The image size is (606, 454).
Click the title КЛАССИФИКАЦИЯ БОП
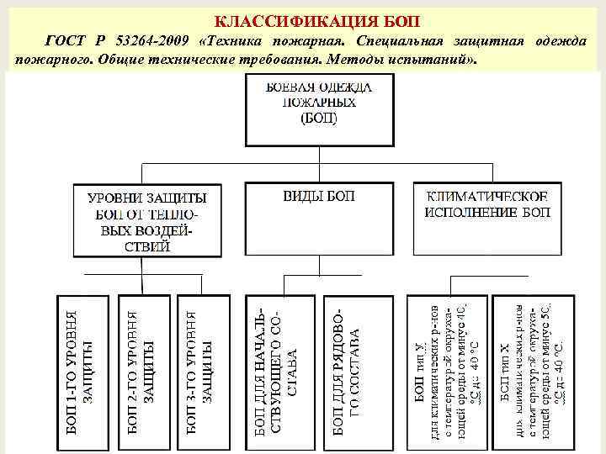pos(317,21)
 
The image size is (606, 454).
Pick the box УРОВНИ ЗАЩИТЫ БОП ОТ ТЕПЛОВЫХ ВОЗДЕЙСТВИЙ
pos(147,220)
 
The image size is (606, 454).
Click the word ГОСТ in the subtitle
pos(64,42)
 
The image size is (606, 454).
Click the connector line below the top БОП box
pos(318,164)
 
